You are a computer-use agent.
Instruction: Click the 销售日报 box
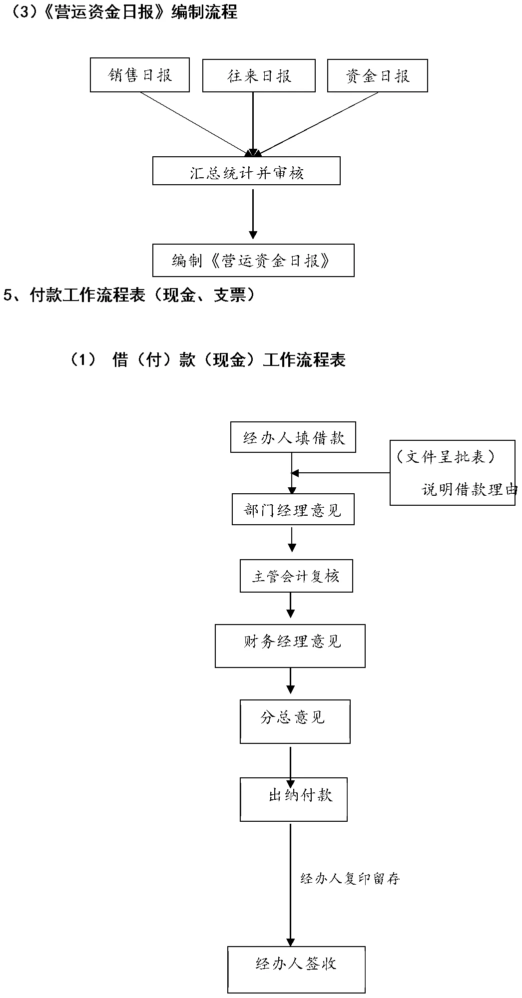140,75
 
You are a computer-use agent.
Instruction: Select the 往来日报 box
259,75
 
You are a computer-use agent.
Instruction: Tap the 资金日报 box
378,75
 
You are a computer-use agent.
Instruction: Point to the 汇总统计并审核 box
246,171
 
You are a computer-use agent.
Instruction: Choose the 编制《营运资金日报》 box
253,260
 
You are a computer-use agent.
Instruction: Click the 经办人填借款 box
293,438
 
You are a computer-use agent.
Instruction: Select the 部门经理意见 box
293,509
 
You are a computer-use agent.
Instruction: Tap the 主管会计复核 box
296,576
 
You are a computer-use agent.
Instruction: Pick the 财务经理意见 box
290,646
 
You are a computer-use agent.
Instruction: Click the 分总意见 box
295,721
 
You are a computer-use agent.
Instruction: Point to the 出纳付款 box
294,799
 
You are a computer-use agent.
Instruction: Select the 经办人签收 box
296,963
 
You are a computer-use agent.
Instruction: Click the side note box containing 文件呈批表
453,472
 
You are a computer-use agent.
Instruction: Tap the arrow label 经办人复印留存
350,878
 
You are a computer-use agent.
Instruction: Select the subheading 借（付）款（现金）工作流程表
208,359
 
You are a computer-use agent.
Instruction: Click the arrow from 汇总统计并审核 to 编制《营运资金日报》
253,214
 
